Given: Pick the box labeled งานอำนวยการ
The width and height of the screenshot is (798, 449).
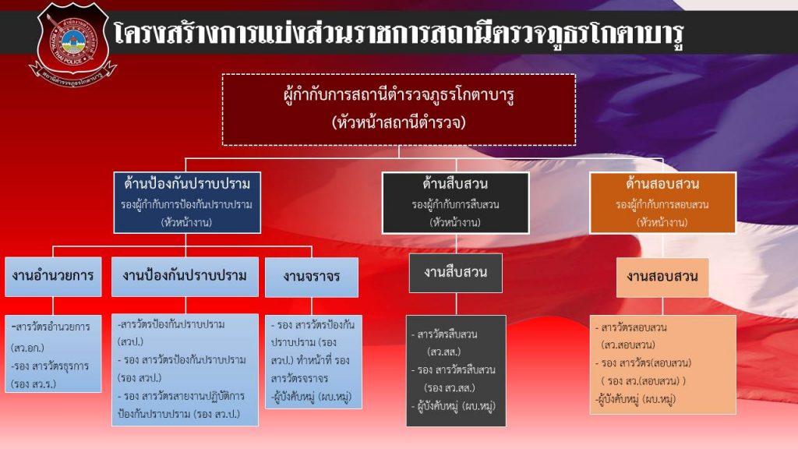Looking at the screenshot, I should [53, 276].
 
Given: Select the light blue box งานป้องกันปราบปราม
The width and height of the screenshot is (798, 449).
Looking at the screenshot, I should [185, 276].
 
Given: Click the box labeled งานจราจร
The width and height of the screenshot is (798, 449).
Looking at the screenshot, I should [311, 277].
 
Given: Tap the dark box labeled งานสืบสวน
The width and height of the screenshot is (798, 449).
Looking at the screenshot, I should [455, 273].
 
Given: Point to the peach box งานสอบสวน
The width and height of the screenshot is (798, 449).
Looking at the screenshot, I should [662, 277].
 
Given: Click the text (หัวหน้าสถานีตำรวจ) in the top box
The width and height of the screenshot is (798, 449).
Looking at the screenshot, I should [399, 122].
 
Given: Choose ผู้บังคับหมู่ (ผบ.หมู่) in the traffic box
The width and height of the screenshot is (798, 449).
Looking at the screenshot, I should [310, 397].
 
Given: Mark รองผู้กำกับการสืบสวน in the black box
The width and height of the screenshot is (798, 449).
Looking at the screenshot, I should [455, 204].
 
